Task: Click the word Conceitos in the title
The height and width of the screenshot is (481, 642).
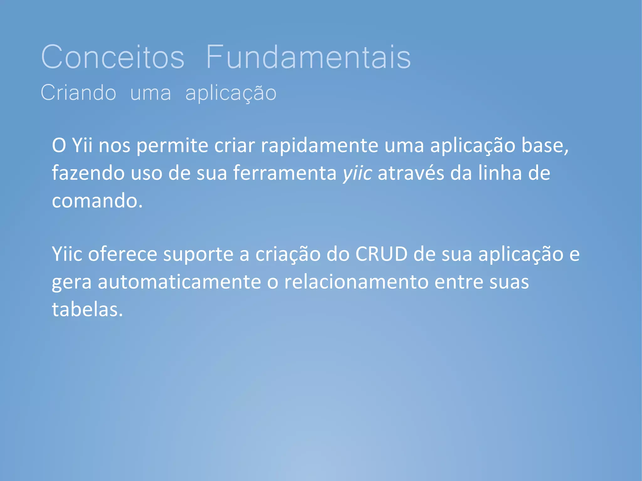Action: coord(113,57)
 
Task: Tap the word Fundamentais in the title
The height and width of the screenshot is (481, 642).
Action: coord(308,57)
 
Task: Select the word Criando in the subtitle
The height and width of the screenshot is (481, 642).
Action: coord(78,93)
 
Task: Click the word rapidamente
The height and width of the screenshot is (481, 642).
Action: coord(320,146)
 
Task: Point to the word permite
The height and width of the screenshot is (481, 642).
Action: coord(172,146)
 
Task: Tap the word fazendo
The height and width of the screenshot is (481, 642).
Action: coord(88,173)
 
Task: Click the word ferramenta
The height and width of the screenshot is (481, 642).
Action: coord(285,173)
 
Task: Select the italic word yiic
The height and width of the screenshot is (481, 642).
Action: coord(357,174)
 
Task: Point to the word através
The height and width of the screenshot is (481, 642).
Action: coord(411,173)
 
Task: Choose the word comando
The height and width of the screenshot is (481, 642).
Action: coord(97,201)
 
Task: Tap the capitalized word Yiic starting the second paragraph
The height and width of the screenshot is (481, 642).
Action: coord(67,254)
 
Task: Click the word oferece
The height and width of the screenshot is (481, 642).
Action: coord(122,254)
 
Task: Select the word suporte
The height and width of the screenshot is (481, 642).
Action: coord(198,254)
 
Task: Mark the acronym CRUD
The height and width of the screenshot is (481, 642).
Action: coord(381,254)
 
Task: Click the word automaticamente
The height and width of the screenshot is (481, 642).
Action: coord(179,282)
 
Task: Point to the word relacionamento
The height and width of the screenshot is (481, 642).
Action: coord(356,282)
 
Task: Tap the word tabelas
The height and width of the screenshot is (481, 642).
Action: coord(87,309)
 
